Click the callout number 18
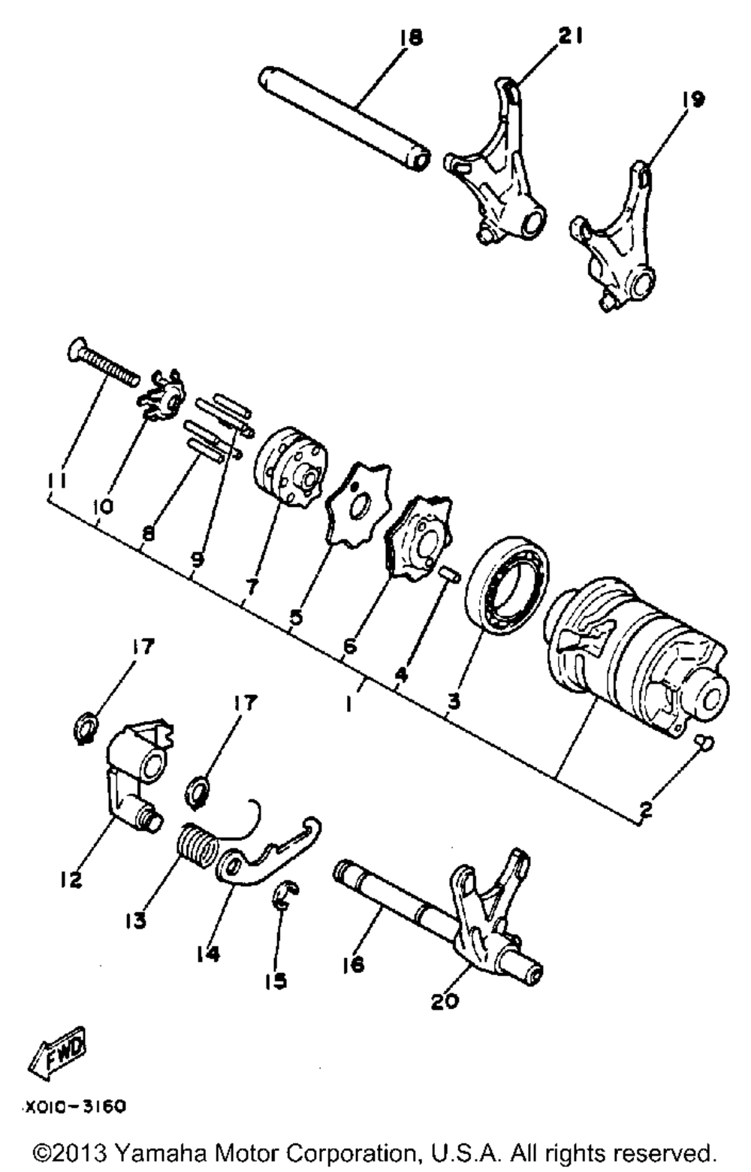[412, 38]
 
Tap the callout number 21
[569, 36]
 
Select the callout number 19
[692, 98]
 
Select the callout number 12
[71, 880]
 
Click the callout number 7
[252, 587]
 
